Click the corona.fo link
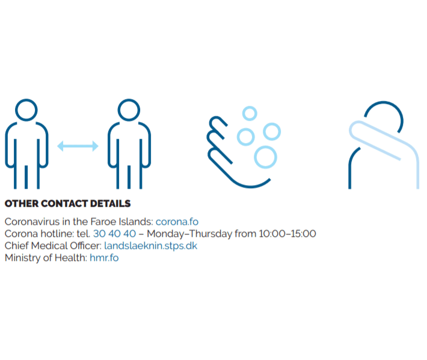pyautogui.click(x=177, y=222)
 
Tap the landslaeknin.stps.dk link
pyautogui.click(x=150, y=246)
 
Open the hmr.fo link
pyautogui.click(x=104, y=258)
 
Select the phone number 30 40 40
pyautogui.click(x=114, y=234)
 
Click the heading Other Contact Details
pyautogui.click(x=67, y=204)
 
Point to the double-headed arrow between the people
pyautogui.click(x=78, y=146)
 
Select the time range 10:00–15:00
pyautogui.click(x=287, y=234)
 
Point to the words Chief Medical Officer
pyautogui.click(x=53, y=246)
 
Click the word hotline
pyautogui.click(x=57, y=234)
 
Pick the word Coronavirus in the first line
pyautogui.click(x=32, y=222)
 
